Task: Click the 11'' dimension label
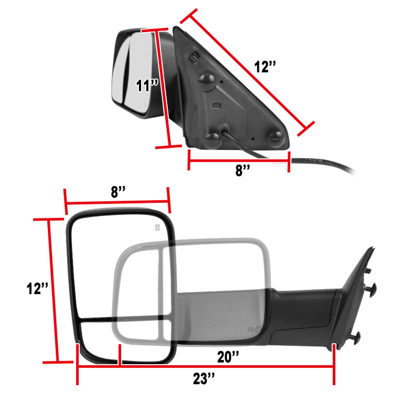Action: coord(147,85)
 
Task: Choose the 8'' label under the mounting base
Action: coord(243,170)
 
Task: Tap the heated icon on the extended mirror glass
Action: coord(157,228)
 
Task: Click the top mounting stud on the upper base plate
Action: coord(207,82)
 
